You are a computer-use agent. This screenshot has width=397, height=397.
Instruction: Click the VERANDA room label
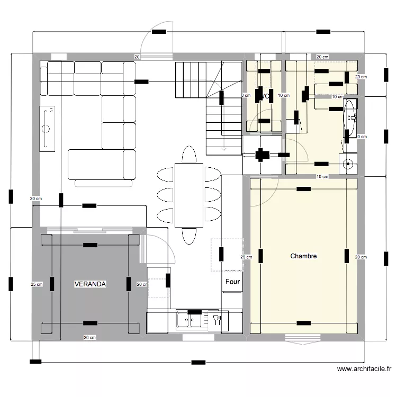coord(91,284)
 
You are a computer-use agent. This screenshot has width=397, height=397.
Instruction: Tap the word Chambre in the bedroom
coord(303,256)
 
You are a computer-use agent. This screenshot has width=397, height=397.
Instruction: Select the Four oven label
coord(232,282)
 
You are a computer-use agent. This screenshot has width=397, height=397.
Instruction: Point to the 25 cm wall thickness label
coord(36,284)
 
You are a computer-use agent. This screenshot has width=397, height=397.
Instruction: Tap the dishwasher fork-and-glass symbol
coord(216,320)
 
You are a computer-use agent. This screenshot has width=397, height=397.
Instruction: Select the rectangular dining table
coord(189,194)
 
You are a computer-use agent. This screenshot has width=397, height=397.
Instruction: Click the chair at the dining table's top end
coord(189,155)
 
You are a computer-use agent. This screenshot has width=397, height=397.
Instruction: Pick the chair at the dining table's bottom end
coord(189,236)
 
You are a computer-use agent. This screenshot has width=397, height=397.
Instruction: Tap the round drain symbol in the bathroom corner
coord(348,164)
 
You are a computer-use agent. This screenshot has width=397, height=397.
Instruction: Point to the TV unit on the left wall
coord(48,128)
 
